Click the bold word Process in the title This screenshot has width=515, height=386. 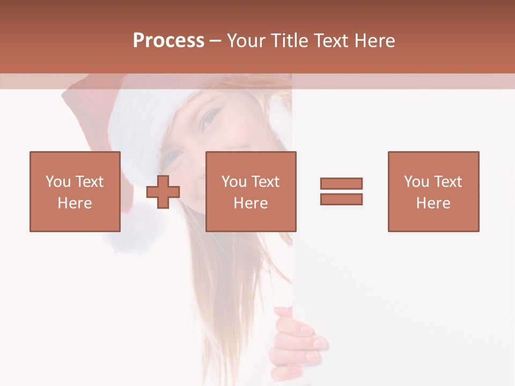168,41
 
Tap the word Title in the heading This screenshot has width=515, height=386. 290,41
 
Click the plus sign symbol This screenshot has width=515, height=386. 163,191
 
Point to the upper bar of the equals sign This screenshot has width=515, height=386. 341,183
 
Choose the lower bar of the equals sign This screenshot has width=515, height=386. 341,199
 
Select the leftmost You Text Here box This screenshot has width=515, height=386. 75,191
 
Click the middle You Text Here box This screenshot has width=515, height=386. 251,191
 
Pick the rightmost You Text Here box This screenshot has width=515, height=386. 433,191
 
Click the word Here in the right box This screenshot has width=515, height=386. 433,203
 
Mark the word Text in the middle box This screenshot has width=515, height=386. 265,182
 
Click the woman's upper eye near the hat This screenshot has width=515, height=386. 210,119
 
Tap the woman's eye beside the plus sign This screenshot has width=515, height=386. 174,157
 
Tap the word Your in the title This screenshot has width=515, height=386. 247,41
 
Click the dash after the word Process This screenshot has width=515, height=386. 215,41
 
